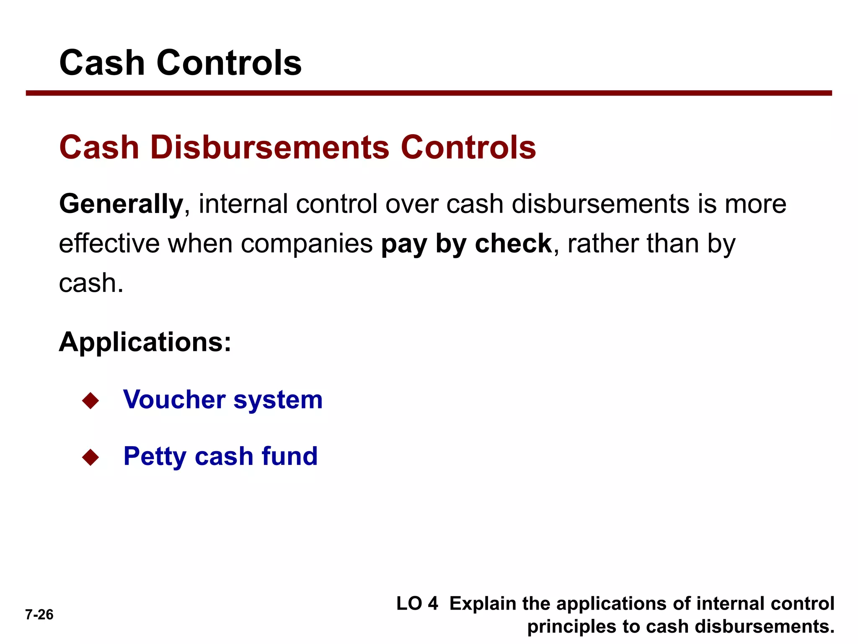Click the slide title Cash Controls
click(x=180, y=63)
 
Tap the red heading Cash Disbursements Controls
click(x=297, y=148)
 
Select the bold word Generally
click(x=121, y=204)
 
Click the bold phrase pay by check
click(x=466, y=244)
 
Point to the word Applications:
click(x=145, y=342)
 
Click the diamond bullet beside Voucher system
click(x=90, y=400)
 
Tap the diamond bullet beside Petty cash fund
click(x=90, y=457)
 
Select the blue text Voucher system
click(x=223, y=400)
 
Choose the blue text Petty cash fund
click(x=220, y=456)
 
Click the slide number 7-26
click(x=39, y=615)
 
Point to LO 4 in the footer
click(x=417, y=604)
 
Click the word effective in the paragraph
click(x=109, y=244)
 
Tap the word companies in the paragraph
click(x=307, y=244)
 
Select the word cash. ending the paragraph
click(x=91, y=283)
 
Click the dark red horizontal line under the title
click(x=429, y=93)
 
